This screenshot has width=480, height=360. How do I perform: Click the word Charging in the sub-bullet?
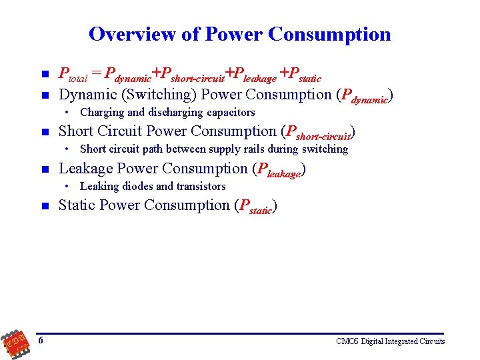coord(101,112)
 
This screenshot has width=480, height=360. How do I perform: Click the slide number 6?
coord(41,341)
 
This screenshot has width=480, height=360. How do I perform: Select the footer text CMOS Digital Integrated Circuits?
coord(391,341)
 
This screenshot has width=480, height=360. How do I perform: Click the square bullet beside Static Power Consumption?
coord(43,207)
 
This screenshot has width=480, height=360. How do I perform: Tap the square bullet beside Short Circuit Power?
coord(43,133)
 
